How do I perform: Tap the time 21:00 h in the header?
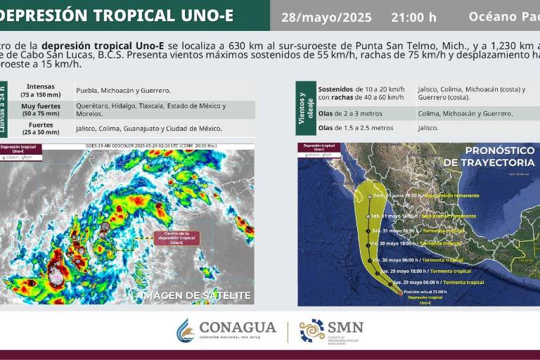tap(413, 17)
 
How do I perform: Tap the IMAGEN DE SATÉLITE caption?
tap(196, 295)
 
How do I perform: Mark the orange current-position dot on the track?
tap(400, 292)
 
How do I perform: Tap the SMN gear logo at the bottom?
tap(311, 330)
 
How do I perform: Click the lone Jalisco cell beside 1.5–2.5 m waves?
tap(427, 128)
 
